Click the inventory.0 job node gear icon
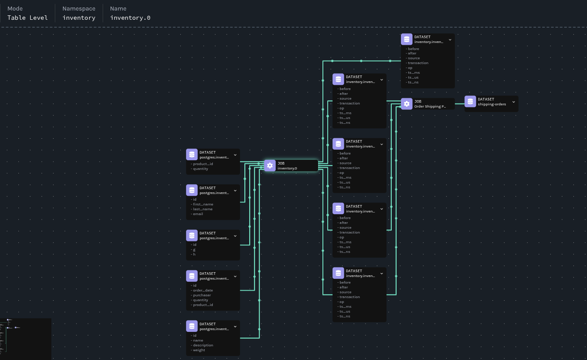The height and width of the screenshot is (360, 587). click(x=270, y=166)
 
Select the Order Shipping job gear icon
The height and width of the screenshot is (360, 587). click(x=407, y=104)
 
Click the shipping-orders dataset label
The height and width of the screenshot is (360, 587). click(x=492, y=104)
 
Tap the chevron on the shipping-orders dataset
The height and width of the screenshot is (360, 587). click(x=513, y=102)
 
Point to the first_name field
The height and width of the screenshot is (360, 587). click(x=203, y=204)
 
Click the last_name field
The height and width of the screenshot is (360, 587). click(x=203, y=209)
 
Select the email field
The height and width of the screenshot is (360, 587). click(x=198, y=214)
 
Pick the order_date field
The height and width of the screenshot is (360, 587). click(x=203, y=290)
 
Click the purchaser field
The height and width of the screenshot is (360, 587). click(x=202, y=295)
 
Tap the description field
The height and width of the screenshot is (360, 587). click(x=203, y=345)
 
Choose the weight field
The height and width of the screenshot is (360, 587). click(x=199, y=350)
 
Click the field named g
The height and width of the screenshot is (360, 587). click(x=194, y=249)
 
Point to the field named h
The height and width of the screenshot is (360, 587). click(x=194, y=254)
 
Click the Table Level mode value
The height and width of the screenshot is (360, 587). click(x=27, y=18)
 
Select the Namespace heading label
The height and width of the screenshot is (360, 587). click(x=79, y=8)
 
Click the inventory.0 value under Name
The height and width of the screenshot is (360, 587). click(x=130, y=18)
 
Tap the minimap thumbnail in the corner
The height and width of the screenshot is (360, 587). click(x=25, y=338)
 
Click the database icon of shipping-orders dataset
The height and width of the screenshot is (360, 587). click(x=470, y=101)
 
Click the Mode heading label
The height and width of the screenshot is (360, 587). click(x=15, y=8)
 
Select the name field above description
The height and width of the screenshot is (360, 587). click(x=198, y=340)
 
